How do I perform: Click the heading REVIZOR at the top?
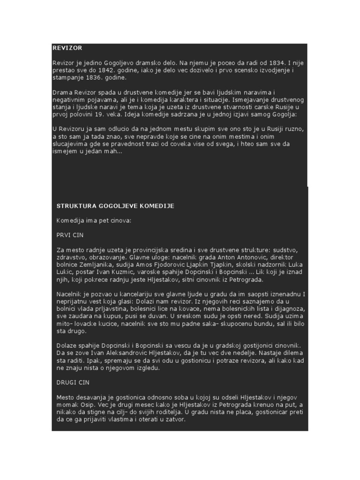click(x=67, y=48)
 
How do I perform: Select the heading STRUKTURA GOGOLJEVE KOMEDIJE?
click(x=115, y=206)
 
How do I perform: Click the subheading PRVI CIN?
click(x=70, y=235)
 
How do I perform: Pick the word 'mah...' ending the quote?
click(x=114, y=152)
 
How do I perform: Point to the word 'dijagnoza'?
click(x=292, y=309)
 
